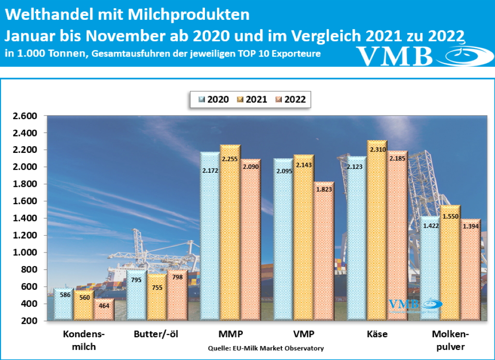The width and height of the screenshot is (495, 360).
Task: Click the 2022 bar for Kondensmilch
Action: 104,310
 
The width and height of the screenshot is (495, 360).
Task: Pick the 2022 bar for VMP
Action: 323,252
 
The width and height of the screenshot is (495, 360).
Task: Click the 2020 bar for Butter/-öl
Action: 136,295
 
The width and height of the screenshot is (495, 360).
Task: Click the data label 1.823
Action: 323,189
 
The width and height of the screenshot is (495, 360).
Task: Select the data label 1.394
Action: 470,226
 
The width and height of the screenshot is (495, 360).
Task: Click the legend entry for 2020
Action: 214,99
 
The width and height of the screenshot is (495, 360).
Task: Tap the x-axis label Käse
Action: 378,334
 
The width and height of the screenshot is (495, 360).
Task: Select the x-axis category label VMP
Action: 304,334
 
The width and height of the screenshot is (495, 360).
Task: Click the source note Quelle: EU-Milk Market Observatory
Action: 266,348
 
